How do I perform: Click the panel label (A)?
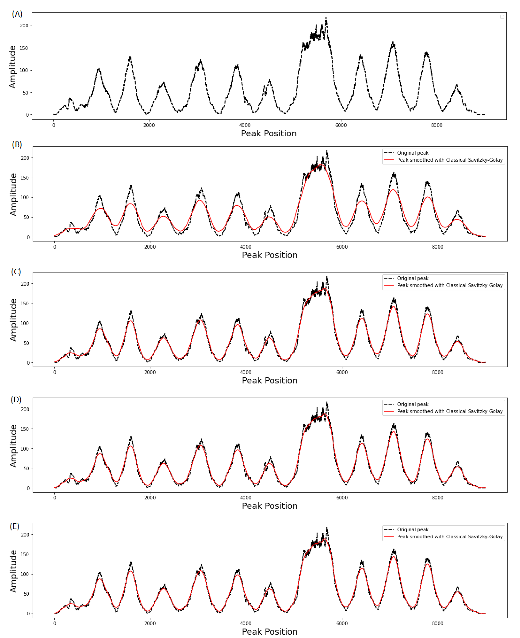(17, 14)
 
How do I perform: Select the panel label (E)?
(14, 526)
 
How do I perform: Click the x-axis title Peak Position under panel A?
(269, 134)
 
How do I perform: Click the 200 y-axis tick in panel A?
(24, 26)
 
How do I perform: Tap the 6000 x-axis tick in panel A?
(341, 125)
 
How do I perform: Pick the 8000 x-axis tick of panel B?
(438, 247)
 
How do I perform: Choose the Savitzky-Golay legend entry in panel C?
(450, 285)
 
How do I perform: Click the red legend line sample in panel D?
(389, 411)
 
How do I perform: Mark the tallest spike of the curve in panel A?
(326, 18)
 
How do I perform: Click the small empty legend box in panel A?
(502, 17)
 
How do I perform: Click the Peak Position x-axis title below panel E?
(270, 632)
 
